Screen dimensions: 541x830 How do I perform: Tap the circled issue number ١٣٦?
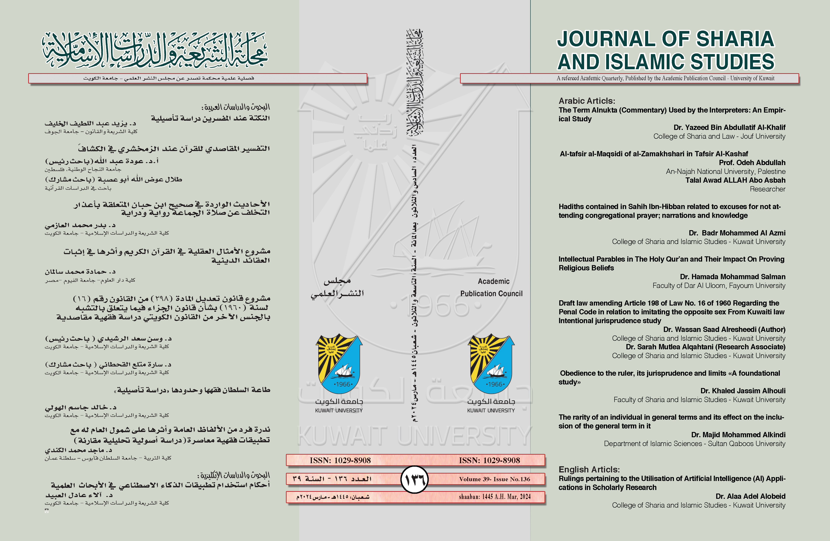click(x=415, y=480)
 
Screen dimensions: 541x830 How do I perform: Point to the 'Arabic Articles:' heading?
click(x=587, y=101)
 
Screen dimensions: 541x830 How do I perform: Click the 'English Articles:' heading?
click(x=589, y=469)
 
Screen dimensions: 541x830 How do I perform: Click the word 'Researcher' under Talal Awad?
click(x=767, y=189)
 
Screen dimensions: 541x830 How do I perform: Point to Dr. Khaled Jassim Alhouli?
click(x=743, y=391)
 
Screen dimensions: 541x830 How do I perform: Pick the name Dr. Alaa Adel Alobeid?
click(x=751, y=496)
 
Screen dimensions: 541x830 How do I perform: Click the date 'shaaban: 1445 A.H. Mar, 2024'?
click(x=495, y=497)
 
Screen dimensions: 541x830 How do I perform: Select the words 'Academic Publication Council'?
click(x=492, y=287)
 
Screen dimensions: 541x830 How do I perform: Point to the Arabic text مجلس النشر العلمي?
click(x=337, y=287)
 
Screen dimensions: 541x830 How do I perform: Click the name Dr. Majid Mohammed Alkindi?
click(x=738, y=435)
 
